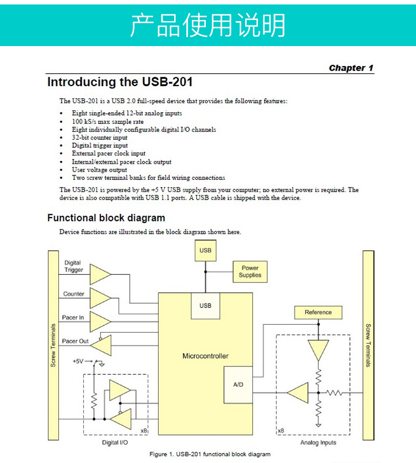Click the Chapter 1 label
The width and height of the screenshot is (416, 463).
click(x=351, y=68)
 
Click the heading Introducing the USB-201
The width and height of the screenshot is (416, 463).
click(x=120, y=83)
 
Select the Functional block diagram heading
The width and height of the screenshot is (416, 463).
click(x=106, y=218)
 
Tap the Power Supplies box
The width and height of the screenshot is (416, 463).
click(x=250, y=271)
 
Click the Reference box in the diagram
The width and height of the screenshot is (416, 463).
click(x=318, y=313)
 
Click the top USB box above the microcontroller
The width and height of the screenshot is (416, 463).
click(x=205, y=250)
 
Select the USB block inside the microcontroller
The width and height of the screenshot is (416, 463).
click(x=205, y=306)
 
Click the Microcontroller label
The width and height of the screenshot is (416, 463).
click(x=205, y=356)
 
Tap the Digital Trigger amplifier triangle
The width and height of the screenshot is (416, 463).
click(x=100, y=273)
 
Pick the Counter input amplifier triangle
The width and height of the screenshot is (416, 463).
click(x=100, y=297)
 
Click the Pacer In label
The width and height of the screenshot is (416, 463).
click(x=73, y=318)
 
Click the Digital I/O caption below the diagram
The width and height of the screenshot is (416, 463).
click(x=115, y=443)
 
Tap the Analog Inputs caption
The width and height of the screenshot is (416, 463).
click(x=318, y=443)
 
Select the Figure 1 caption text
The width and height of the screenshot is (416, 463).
click(x=210, y=454)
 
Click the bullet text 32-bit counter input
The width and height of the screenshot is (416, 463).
click(x=100, y=138)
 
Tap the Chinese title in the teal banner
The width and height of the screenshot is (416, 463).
click(x=208, y=24)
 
